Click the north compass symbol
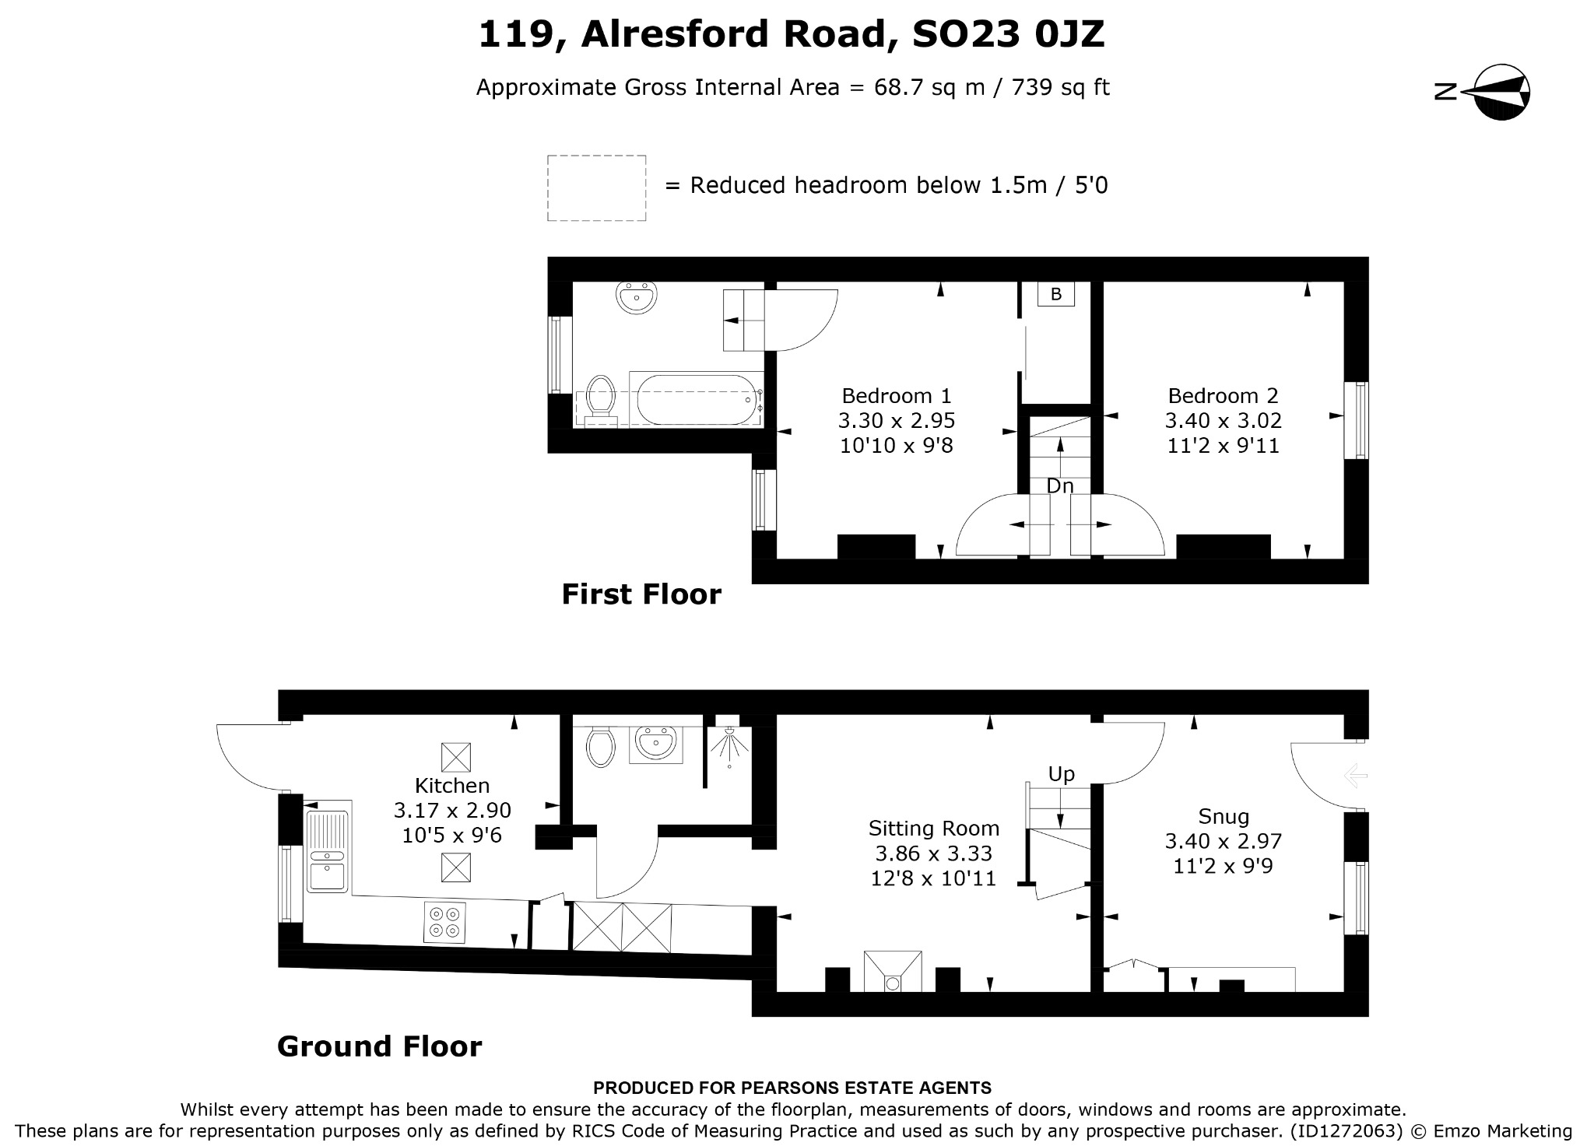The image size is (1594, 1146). click(1483, 93)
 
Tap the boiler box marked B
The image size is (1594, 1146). click(1056, 294)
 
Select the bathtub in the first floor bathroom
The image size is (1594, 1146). click(696, 399)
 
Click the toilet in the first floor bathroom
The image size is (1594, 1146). click(600, 401)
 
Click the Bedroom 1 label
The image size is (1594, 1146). click(897, 395)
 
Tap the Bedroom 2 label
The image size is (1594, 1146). click(1223, 395)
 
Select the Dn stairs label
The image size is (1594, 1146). click(1060, 486)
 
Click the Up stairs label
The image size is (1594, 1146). click(1061, 774)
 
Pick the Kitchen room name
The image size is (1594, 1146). click(452, 785)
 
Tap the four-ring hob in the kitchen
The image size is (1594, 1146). click(445, 922)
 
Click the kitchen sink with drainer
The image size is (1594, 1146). click(328, 851)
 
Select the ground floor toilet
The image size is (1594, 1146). click(600, 747)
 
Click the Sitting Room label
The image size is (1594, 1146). click(934, 828)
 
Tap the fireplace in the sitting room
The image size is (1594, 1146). click(893, 971)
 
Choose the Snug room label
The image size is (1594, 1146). click(1224, 816)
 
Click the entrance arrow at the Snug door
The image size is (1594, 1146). click(1355, 776)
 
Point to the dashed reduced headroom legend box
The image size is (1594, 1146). click(596, 188)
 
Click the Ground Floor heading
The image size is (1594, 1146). click(380, 1046)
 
